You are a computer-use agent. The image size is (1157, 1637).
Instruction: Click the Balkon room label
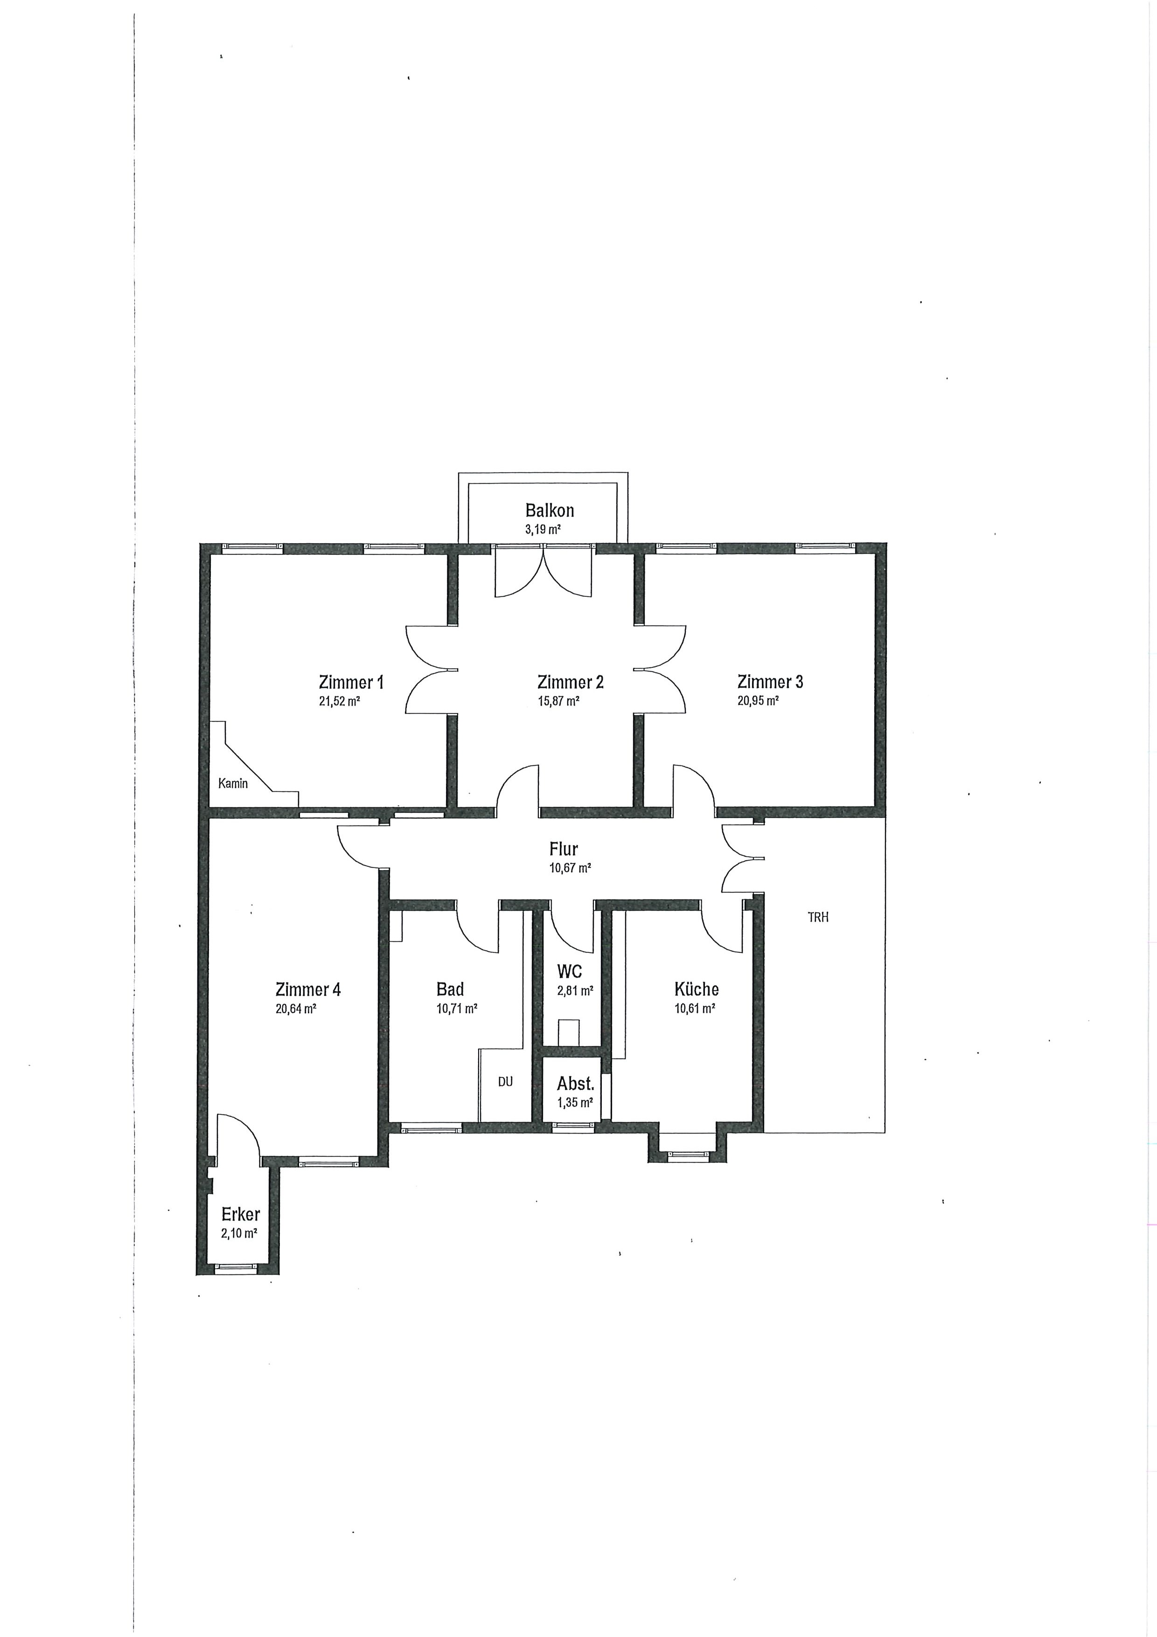[x=549, y=511]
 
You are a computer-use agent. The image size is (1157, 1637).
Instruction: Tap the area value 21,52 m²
[x=339, y=701]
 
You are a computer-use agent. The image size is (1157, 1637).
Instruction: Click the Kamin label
[x=233, y=784]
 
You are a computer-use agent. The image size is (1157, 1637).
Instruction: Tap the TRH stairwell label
[x=818, y=917]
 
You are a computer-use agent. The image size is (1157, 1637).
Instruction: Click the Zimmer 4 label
[x=308, y=990]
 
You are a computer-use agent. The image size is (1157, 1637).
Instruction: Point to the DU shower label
[x=505, y=1082]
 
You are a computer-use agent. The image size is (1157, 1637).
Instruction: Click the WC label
[x=570, y=971]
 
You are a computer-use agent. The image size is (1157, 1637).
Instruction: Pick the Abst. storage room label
[x=575, y=1084]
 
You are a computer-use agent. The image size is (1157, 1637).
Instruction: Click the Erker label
[x=240, y=1214]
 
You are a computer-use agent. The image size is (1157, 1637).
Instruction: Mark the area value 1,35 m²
[x=575, y=1102]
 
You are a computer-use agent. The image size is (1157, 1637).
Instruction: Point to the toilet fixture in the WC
[x=569, y=1032]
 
